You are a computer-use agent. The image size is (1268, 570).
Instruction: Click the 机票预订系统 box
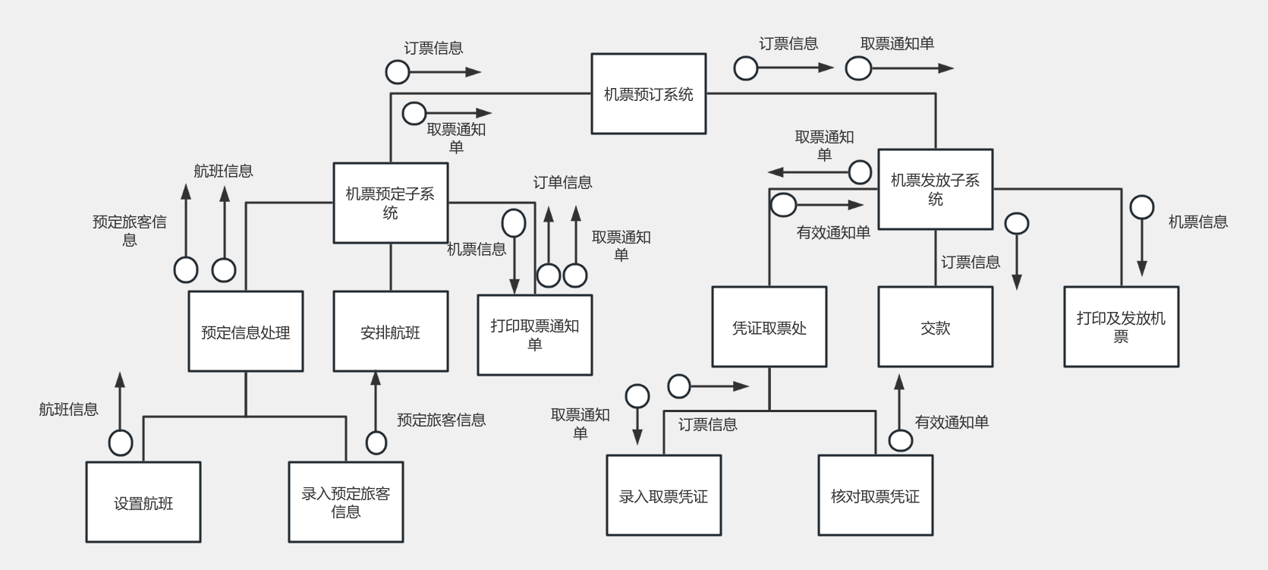pos(648,94)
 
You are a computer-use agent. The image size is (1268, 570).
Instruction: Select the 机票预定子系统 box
pos(390,203)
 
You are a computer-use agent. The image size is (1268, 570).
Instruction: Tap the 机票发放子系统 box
pos(935,189)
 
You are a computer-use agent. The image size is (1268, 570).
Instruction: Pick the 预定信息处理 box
pos(245,332)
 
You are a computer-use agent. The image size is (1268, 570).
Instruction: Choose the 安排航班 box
pos(390,332)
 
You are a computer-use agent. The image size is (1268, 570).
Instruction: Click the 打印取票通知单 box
pos(534,335)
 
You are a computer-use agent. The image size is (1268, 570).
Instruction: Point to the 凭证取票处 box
pos(769,327)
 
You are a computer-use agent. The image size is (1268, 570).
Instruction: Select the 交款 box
pos(935,327)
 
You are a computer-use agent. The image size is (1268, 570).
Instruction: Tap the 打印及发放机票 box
pos(1121,327)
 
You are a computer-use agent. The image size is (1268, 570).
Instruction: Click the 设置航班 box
pos(143,502)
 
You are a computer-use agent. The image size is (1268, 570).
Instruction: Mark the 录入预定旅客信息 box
pos(345,502)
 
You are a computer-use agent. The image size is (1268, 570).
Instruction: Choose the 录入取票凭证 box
pos(663,496)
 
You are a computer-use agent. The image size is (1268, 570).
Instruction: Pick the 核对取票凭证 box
pos(875,496)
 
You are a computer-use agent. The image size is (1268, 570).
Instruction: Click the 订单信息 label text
pos(562,182)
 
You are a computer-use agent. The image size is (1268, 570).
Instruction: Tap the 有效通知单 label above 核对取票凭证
pos(952,422)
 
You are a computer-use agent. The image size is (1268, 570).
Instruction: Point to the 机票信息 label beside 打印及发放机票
pos(1197,222)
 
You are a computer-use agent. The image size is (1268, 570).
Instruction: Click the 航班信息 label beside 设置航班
pos(68,409)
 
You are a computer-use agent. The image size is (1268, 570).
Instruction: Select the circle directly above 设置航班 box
pos(121,442)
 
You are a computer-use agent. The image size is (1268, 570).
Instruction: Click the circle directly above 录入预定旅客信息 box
pos(376,442)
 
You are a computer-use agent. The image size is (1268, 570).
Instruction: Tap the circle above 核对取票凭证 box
pos(901,439)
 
